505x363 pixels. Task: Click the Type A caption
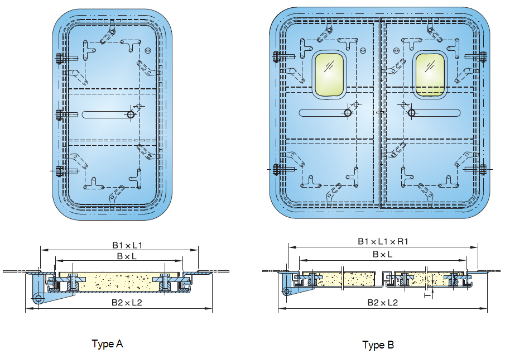[107, 344]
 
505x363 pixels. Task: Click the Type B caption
[378, 345]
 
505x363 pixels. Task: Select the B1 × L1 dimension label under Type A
[127, 245]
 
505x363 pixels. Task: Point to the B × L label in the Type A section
[127, 256]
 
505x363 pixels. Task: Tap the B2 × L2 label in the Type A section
[127, 302]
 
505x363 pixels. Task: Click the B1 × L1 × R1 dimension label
[383, 241]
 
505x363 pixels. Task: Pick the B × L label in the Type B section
[383, 254]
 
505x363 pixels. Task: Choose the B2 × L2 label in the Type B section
[383, 302]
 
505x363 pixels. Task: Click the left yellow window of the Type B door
[329, 75]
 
